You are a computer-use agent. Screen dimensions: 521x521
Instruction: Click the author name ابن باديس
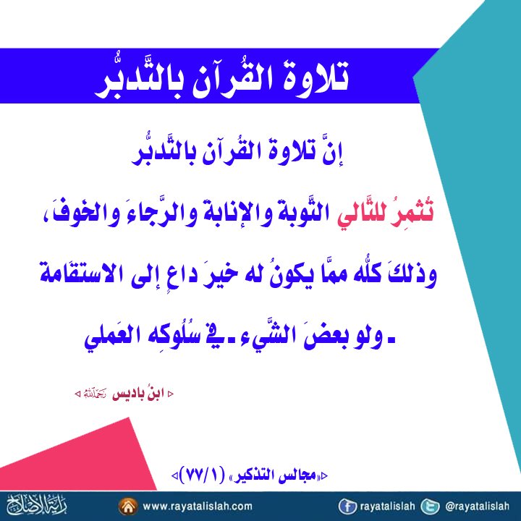(138, 394)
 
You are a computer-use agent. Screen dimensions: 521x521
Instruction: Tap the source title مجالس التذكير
(278, 476)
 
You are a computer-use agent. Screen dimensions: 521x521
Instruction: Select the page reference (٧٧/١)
(207, 476)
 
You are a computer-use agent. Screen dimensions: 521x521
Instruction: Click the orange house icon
(128, 507)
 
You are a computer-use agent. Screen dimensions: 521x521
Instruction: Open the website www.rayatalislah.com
(198, 507)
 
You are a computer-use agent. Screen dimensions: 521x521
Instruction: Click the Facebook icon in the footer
(348, 507)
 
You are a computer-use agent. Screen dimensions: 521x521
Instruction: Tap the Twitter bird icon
(430, 507)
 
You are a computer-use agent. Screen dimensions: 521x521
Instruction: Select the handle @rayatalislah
(477, 507)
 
